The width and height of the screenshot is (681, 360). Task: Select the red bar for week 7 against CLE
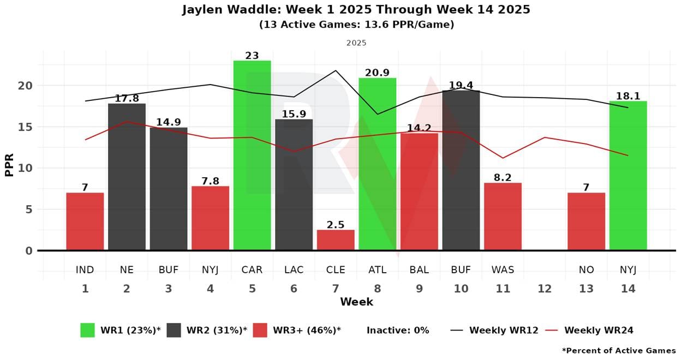tap(336, 240)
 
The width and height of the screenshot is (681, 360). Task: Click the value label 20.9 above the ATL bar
tap(377, 73)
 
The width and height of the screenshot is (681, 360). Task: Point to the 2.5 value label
tap(336, 225)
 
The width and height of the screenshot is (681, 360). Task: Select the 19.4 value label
tap(461, 85)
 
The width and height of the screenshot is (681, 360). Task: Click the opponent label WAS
tap(503, 269)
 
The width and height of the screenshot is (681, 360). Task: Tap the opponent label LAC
tap(294, 269)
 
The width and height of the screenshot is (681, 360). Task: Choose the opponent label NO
tap(587, 269)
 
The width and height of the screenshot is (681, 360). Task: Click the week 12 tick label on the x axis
tap(545, 289)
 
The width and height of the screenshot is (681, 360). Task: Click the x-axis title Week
tap(356, 302)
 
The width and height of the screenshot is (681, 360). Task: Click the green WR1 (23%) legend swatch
tap(87, 330)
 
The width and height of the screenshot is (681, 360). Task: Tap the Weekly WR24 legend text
tap(599, 330)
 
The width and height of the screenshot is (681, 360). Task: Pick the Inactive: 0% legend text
tap(398, 330)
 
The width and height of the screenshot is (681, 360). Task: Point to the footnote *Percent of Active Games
tap(618, 351)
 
